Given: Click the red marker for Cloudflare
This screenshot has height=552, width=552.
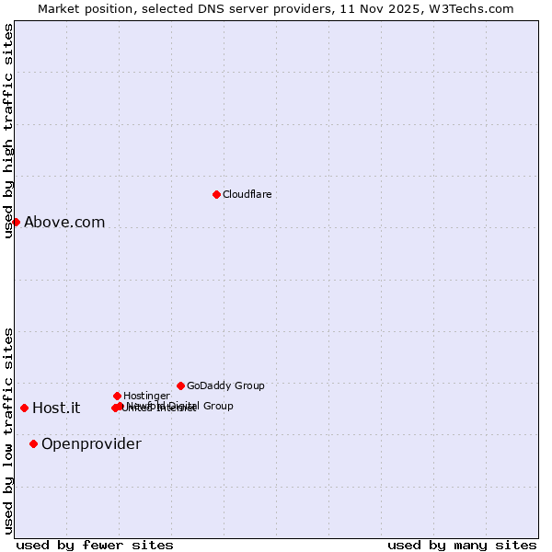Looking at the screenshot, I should (216, 194).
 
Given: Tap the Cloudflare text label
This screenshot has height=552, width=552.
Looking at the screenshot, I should (247, 194).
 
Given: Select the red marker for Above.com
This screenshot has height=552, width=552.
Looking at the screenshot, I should (16, 222).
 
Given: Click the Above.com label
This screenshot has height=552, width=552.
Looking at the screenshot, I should (64, 222).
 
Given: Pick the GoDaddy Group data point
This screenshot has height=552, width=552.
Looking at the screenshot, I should (180, 385).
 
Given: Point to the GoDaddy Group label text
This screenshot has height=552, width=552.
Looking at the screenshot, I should (225, 385).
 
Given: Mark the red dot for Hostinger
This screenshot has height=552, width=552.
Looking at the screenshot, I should (117, 396).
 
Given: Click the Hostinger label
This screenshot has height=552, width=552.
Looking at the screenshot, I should (146, 396).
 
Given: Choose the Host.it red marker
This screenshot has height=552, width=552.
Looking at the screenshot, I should (24, 408).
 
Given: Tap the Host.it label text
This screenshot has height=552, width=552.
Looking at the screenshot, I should (56, 408).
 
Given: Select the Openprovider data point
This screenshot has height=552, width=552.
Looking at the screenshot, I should (33, 443).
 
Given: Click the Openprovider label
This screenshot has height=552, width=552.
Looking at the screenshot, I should (91, 443).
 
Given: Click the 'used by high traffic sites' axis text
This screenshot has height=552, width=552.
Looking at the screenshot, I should (8, 131).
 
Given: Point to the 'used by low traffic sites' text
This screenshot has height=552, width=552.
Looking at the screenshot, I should (8, 431).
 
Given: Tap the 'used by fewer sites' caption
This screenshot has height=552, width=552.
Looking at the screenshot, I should (95, 545).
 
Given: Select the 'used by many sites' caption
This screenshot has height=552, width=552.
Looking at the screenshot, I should (462, 545).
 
